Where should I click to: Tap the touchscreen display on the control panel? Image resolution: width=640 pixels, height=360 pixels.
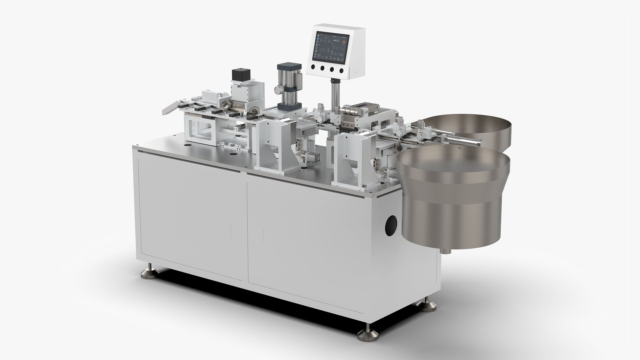click(x=333, y=47)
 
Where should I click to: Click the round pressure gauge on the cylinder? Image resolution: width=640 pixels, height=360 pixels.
click(x=277, y=90)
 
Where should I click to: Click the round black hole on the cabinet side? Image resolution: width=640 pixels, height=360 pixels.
click(x=391, y=226)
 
